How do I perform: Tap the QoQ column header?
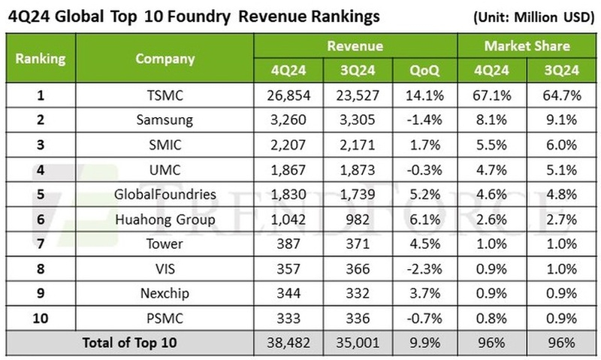425,71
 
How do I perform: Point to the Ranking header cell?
41,58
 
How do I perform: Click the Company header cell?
165,58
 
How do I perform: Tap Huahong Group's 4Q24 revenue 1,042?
288,219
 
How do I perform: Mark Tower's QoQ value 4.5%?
425,244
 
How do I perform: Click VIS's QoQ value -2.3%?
425,268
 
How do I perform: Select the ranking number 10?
41,318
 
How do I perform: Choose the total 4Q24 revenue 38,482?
288,343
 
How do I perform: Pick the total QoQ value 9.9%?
425,343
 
